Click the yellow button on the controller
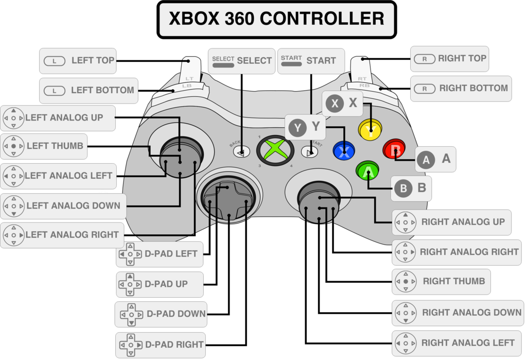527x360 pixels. point(370,129)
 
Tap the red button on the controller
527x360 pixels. point(395,150)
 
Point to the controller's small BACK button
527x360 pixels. point(241,151)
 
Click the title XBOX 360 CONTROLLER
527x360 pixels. point(276,19)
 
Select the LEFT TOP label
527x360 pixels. point(78,61)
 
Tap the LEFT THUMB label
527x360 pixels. point(45,146)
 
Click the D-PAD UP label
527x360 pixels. point(160,284)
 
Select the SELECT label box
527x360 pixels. point(241,61)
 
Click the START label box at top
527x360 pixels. point(310,61)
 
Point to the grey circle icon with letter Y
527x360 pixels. point(297,127)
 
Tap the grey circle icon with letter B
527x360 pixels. point(403,188)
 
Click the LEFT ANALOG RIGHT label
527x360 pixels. point(62,235)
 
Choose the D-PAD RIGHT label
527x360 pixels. point(161,345)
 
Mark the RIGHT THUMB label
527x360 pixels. point(441,281)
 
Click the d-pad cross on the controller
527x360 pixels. point(228,199)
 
